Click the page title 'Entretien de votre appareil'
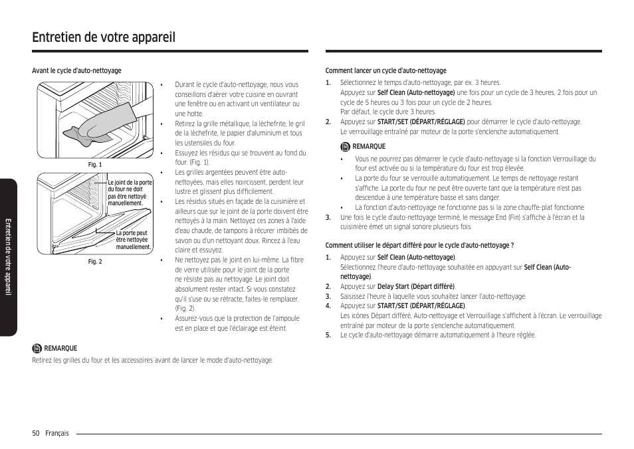click(104, 37)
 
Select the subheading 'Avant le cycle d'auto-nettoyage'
click(76, 71)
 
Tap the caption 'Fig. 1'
click(95, 165)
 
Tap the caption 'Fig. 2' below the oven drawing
click(95, 262)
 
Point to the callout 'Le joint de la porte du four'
click(130, 193)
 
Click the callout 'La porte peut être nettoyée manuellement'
click(134, 240)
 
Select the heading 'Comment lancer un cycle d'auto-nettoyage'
click(385, 71)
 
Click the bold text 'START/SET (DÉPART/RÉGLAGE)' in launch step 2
click(421, 122)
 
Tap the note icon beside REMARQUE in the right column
click(345, 147)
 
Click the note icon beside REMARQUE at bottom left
click(37, 348)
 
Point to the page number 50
click(36, 433)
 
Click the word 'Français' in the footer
click(57, 433)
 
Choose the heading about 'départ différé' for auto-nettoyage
click(419, 245)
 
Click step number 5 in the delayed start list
click(328, 335)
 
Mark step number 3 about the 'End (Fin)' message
click(328, 217)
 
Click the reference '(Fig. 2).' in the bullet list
click(185, 309)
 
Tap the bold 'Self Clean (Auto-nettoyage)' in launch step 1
click(416, 93)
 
